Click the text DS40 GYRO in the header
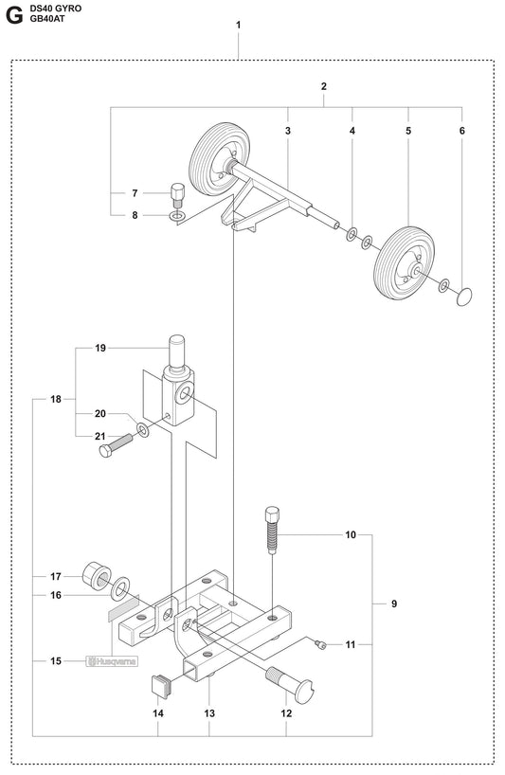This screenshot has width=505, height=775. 56,8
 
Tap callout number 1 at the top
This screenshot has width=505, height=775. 238,25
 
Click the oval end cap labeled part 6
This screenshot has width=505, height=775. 463,297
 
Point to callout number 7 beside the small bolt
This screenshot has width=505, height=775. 135,194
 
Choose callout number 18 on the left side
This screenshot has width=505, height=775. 56,373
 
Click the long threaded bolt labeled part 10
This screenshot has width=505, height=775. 272,534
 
